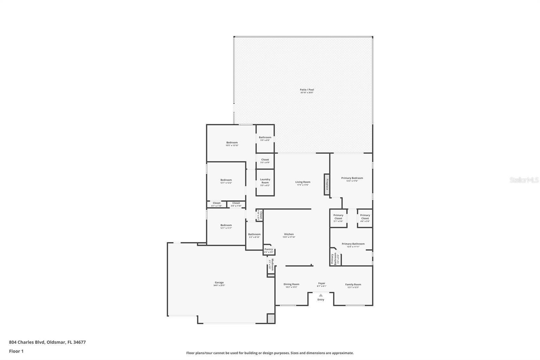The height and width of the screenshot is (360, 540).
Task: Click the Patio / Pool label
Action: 307,90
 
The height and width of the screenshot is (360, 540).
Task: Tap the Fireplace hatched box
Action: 327,184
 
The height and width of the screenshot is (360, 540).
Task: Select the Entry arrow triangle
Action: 321,295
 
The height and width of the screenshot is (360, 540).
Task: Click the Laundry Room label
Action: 265,181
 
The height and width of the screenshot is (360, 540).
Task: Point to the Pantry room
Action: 269,250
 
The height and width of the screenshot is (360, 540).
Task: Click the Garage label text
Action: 219,283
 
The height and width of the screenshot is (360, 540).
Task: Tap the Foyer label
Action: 322,284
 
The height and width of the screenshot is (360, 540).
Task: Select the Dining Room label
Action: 291,284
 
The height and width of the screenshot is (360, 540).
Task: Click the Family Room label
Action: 353,284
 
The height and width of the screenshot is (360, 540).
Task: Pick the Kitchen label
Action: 289,234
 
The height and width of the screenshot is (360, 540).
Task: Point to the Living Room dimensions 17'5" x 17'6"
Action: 303,185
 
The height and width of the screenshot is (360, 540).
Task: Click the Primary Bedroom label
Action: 352,178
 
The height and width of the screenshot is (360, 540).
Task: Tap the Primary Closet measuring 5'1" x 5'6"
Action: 338,218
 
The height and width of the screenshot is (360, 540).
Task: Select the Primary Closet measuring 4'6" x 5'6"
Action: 365,218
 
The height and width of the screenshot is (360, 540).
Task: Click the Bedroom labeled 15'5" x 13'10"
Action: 232,144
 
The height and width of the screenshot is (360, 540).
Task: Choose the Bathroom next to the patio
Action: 265,138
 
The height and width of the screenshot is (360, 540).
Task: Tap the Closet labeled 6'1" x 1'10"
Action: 217,204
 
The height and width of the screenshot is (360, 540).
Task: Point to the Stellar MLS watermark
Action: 524,180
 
